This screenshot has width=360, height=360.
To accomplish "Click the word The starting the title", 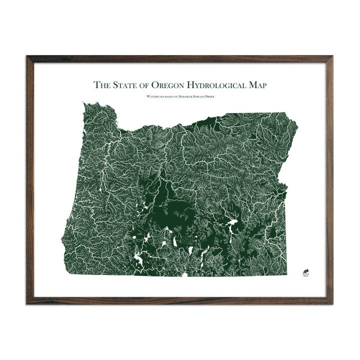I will (x=102, y=85).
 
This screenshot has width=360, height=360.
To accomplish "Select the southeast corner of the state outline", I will (x=286, y=274).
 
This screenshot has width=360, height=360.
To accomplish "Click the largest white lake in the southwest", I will (x=138, y=260).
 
